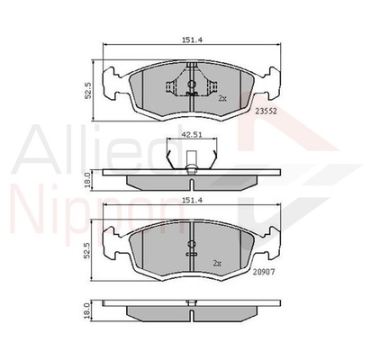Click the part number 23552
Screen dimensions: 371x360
pyautogui.click(x=266, y=111)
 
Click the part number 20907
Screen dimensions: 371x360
pyautogui.click(x=264, y=272)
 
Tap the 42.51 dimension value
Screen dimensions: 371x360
pyautogui.click(x=192, y=134)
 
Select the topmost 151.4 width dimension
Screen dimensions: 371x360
pyautogui.click(x=192, y=40)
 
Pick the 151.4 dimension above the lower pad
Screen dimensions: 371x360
pyautogui.click(x=192, y=200)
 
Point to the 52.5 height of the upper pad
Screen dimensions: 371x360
pyautogui.click(x=88, y=91)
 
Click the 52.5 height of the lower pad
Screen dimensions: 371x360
pyautogui.click(x=87, y=250)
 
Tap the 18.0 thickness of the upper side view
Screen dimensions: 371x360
pyautogui.click(x=87, y=179)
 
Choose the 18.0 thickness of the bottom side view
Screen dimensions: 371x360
pyautogui.click(x=87, y=310)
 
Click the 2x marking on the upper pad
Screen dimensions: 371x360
pyautogui.click(x=222, y=98)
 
